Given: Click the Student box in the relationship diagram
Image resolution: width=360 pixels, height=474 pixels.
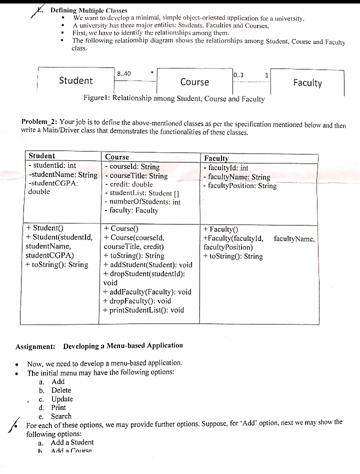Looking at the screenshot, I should click(76, 80).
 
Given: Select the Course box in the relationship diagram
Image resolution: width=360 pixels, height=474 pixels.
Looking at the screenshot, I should click(194, 82).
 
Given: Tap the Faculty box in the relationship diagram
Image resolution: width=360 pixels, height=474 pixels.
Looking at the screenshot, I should click(307, 83).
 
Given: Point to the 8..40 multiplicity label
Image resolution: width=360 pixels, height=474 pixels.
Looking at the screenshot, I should click(123, 74).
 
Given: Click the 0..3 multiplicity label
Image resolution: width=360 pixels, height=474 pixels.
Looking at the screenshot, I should click(238, 75).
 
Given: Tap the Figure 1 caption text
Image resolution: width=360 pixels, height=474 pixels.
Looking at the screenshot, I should click(174, 98).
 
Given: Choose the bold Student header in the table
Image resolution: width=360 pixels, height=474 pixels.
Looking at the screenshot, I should click(42, 156).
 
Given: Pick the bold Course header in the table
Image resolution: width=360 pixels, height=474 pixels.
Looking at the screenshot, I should click(117, 157).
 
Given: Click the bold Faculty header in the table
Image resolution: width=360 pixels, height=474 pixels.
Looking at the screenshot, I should click(216, 158).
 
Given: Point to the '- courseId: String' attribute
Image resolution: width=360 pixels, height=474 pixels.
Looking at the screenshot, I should click(132, 166).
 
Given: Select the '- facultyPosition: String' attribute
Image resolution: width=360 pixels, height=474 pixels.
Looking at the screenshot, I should click(239, 186).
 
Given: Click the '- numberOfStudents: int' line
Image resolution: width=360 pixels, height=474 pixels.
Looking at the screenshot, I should click(142, 202).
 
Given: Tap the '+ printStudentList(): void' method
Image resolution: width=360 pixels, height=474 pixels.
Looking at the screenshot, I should click(143, 310).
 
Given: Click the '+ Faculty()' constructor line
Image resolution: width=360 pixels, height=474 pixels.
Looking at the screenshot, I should click(220, 229).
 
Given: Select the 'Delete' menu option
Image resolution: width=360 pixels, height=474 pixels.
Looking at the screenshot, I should click(61, 390).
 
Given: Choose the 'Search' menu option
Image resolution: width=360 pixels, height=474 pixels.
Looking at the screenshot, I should click(61, 416).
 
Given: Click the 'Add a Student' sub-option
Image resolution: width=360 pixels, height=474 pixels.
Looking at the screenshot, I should click(72, 442).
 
